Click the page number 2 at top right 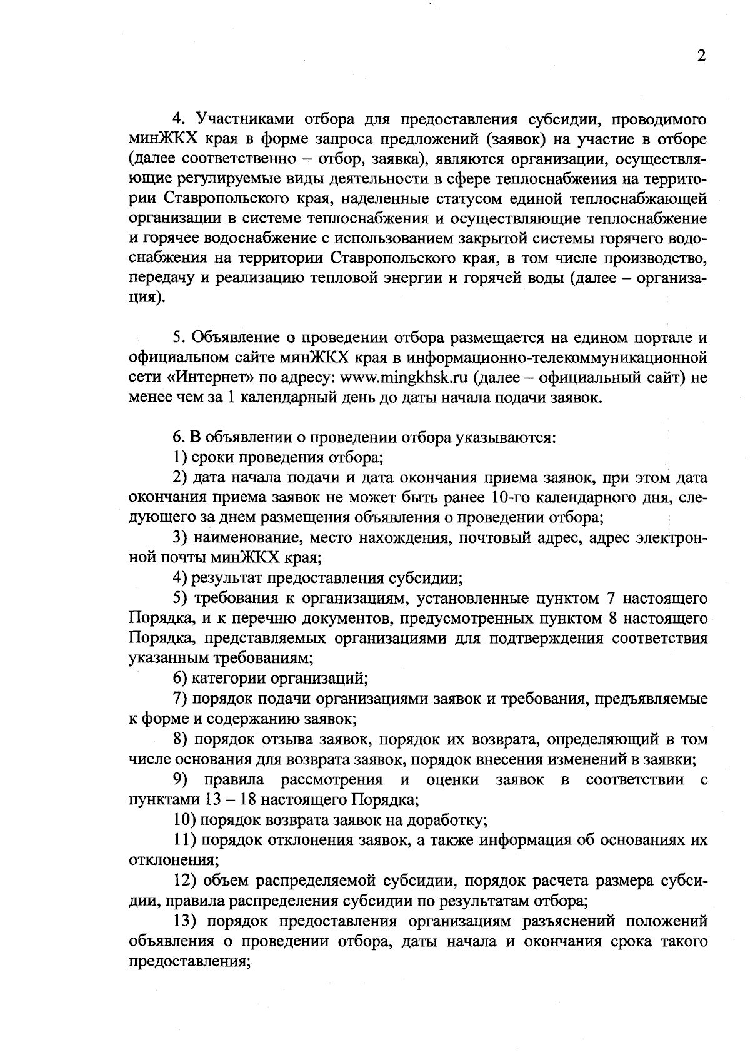(701, 56)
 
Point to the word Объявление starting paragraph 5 (237, 338)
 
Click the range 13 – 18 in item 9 (232, 800)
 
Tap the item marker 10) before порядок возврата (184, 820)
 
